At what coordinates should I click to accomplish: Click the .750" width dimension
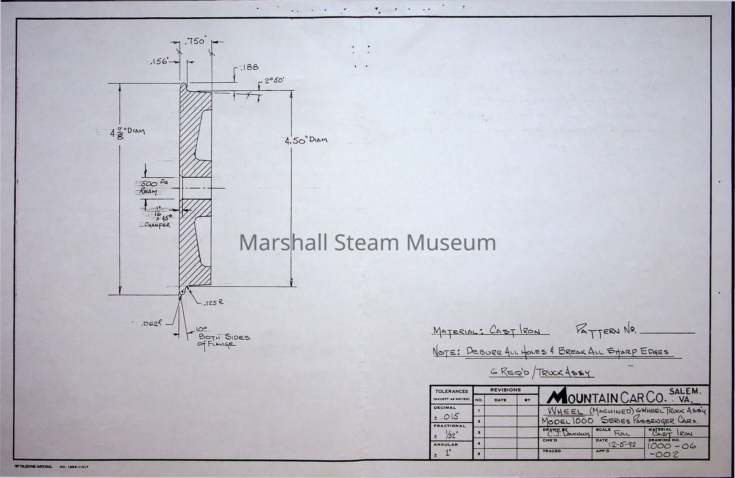pos(195,42)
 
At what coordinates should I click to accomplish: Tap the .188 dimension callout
pos(249,67)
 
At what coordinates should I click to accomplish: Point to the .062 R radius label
pos(151,324)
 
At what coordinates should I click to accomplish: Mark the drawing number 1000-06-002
pos(671,450)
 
